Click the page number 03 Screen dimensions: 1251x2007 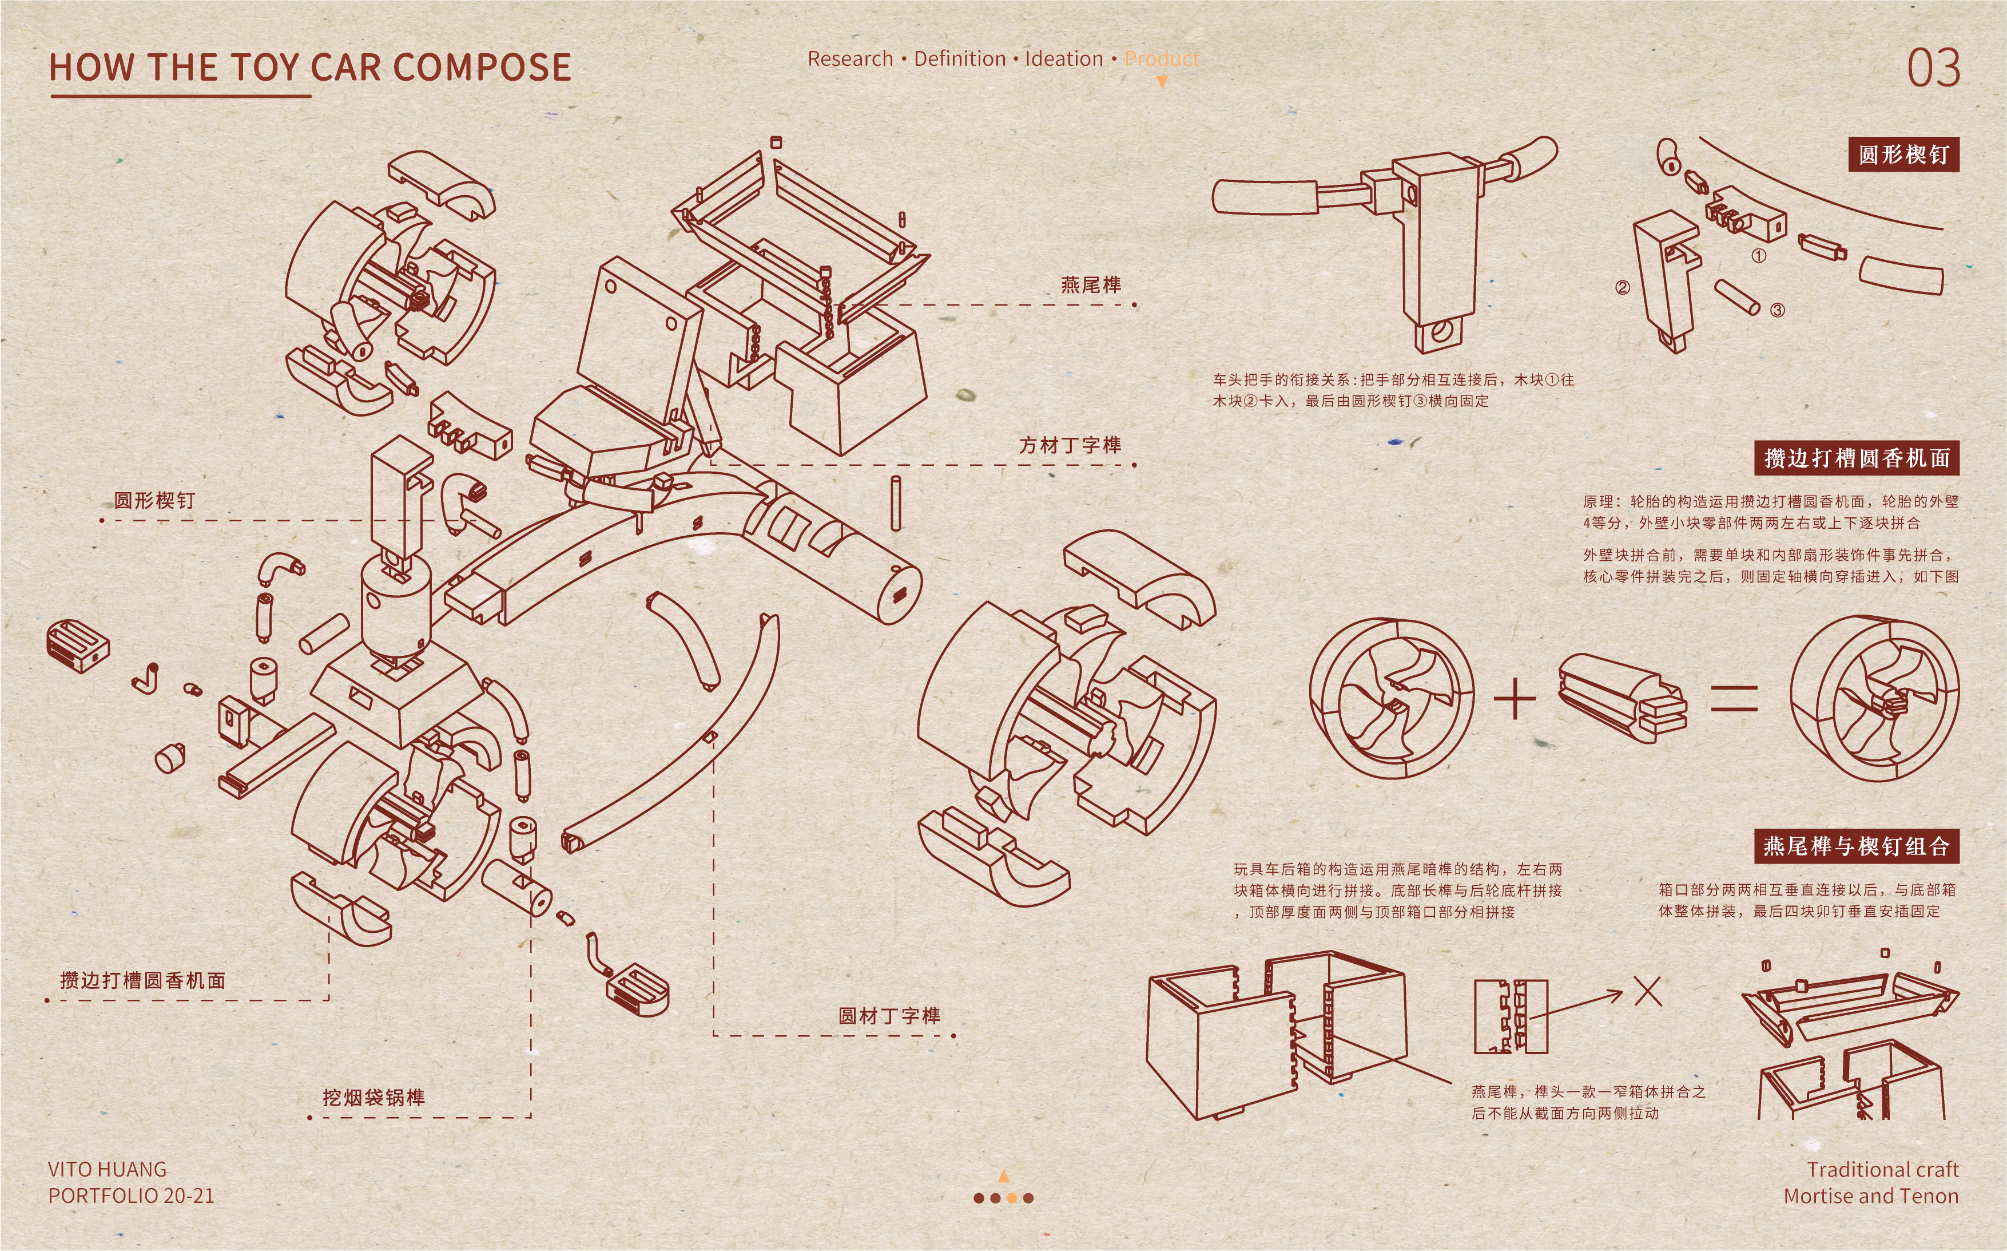pos(1933,68)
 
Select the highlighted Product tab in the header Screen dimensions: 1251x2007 pos(1161,59)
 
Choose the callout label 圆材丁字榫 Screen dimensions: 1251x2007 pos(889,1016)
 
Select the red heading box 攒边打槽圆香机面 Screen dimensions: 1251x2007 pos(1857,458)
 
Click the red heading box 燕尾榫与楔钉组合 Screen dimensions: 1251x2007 pos(1857,846)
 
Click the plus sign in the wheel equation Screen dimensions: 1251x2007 pos(1515,699)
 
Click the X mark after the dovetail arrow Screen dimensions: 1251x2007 pos(1647,991)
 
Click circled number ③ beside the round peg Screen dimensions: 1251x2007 pos(1777,310)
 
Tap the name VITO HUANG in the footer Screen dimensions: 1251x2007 pos(108,1169)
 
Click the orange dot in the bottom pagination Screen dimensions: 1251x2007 pos(1011,1197)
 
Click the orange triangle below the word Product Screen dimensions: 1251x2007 pos(1161,82)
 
